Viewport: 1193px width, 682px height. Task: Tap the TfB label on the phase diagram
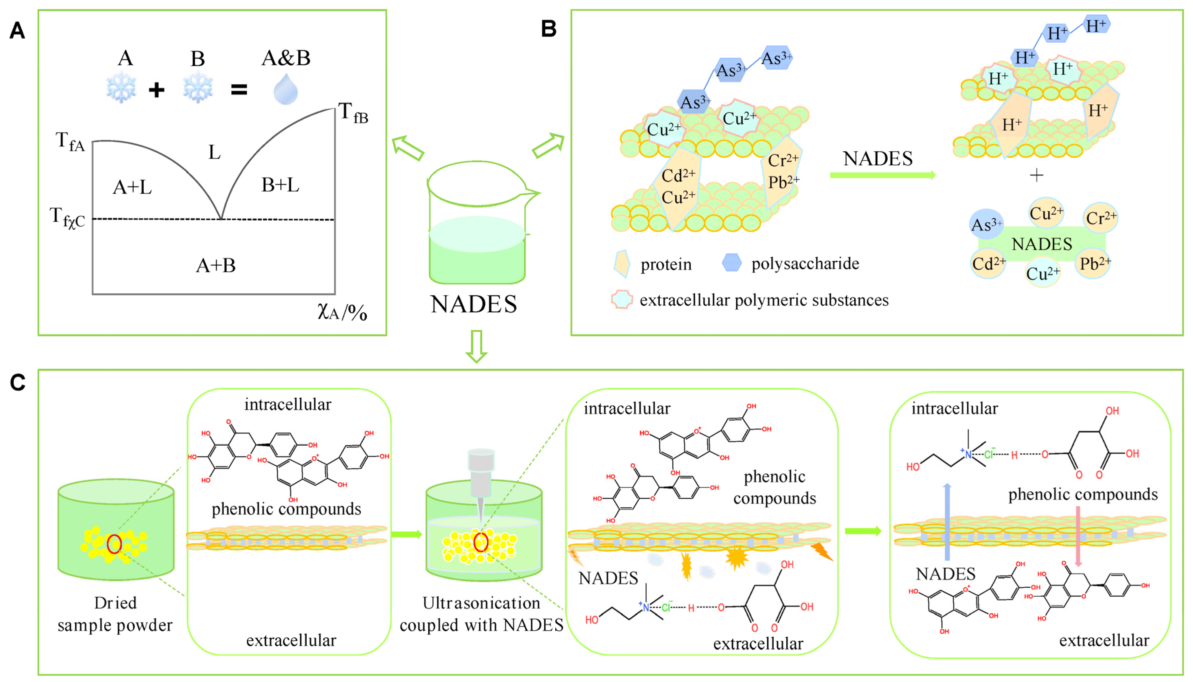pyautogui.click(x=353, y=113)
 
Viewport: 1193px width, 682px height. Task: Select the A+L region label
pyautogui.click(x=132, y=187)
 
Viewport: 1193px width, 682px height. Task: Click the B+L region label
pyautogui.click(x=280, y=185)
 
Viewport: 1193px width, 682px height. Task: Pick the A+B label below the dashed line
pyautogui.click(x=216, y=266)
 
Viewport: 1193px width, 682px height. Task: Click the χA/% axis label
pyautogui.click(x=342, y=311)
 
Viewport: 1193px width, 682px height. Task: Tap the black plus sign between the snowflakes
pyautogui.click(x=157, y=89)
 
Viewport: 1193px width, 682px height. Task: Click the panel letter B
pyautogui.click(x=549, y=29)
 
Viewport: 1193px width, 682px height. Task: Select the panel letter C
pyautogui.click(x=18, y=383)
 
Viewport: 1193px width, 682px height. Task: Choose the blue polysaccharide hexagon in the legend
pyautogui.click(x=731, y=263)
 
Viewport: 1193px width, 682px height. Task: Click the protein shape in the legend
pyautogui.click(x=622, y=264)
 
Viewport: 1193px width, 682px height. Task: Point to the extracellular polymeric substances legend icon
pyautogui.click(x=622, y=299)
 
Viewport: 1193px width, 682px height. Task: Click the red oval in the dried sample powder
pyautogui.click(x=114, y=544)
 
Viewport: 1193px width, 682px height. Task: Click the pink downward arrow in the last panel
pyautogui.click(x=1078, y=536)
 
